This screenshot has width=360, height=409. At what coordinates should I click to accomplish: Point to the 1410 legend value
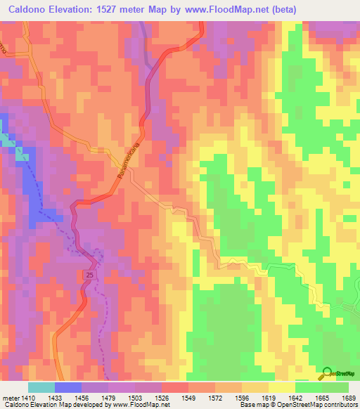coord(27,397)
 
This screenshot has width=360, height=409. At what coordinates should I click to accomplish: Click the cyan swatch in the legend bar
coord(41,387)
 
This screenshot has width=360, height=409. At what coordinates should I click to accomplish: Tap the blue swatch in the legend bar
coord(67,387)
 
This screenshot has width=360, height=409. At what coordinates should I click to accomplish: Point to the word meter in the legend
coord(9,397)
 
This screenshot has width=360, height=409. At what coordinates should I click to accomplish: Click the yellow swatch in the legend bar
coord(281,387)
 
